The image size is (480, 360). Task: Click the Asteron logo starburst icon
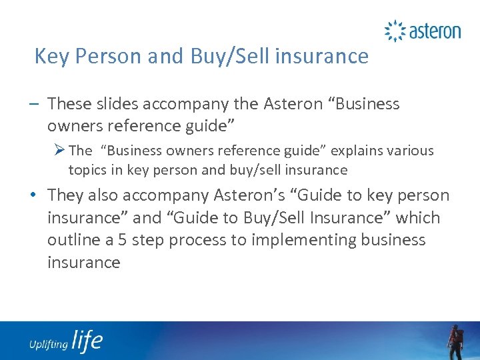tap(395, 31)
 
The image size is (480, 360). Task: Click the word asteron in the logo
tap(434, 31)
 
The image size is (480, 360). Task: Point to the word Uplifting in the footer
tap(48, 345)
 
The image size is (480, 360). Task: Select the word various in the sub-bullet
tap(411, 151)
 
